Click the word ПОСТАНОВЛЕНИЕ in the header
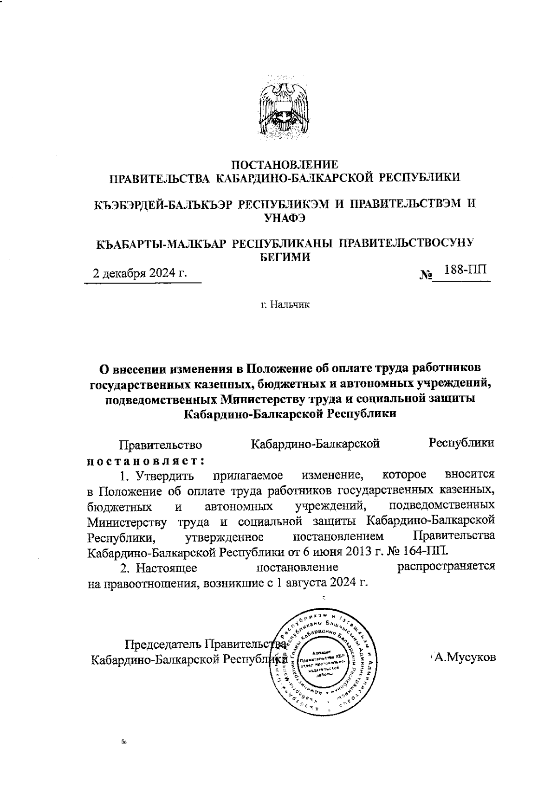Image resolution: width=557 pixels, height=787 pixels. (x=285, y=164)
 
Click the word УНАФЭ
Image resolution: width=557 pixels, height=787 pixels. (x=284, y=219)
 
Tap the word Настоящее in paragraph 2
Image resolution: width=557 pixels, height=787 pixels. (x=170, y=567)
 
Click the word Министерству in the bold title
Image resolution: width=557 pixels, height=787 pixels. (x=262, y=399)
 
